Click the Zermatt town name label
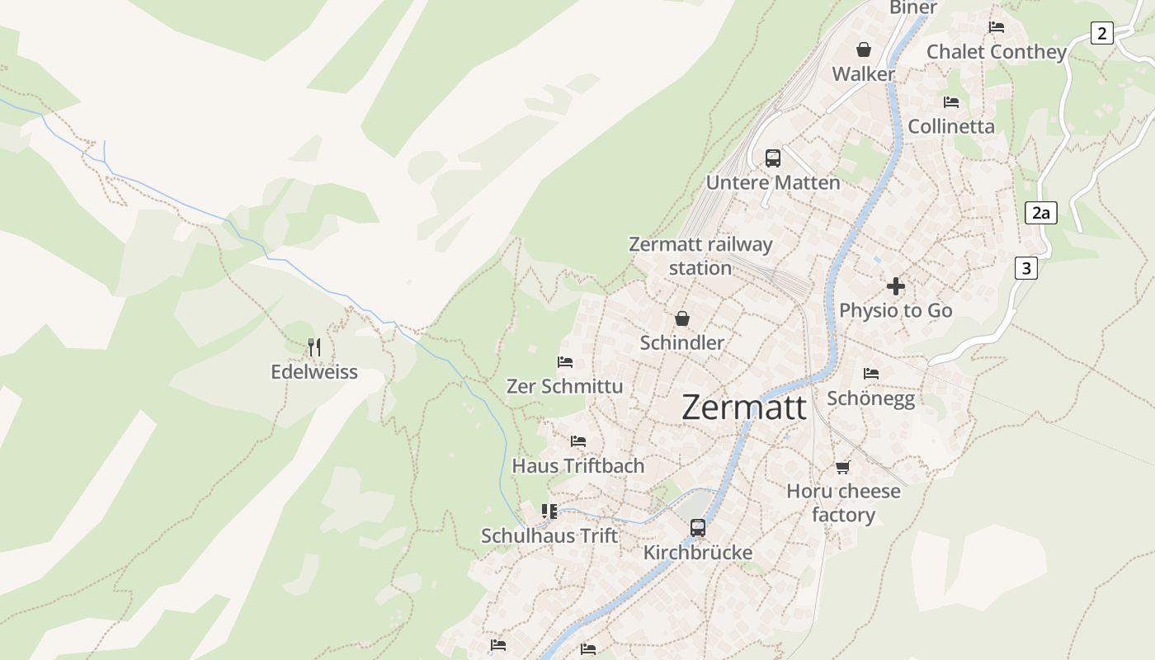pyautogui.click(x=744, y=408)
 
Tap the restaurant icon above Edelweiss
pyautogui.click(x=314, y=346)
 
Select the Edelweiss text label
pyautogui.click(x=314, y=372)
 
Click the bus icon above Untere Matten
pyautogui.click(x=773, y=158)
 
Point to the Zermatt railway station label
pyautogui.click(x=700, y=256)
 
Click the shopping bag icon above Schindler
pyautogui.click(x=682, y=318)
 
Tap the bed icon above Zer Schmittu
pyautogui.click(x=565, y=362)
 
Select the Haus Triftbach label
pyautogui.click(x=578, y=466)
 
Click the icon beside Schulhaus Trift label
pyautogui.click(x=549, y=511)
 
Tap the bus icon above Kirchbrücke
pyautogui.click(x=698, y=528)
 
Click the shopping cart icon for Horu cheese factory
pyautogui.click(x=842, y=468)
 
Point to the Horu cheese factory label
pyautogui.click(x=843, y=502)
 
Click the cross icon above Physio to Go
pyautogui.click(x=896, y=286)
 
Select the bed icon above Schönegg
pyautogui.click(x=870, y=374)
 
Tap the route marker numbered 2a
pyautogui.click(x=1041, y=213)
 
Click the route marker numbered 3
pyautogui.click(x=1025, y=268)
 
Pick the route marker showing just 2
pyautogui.click(x=1101, y=33)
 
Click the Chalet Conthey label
pyautogui.click(x=997, y=52)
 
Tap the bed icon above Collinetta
pyautogui.click(x=951, y=102)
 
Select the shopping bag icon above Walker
pyautogui.click(x=864, y=50)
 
